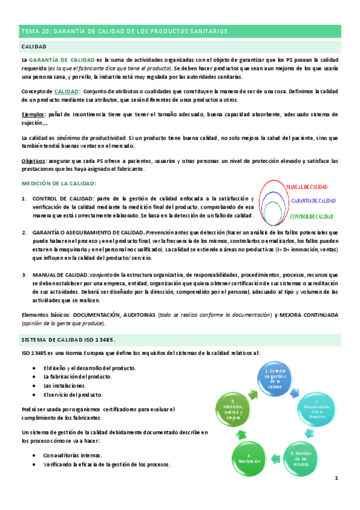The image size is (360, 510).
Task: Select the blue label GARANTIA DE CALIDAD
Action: point(313,201)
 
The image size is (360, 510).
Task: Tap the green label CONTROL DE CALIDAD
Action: point(311,215)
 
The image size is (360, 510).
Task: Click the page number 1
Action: point(337,478)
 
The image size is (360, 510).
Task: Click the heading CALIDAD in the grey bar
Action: point(34,46)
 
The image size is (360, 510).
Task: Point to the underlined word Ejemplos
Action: point(32,114)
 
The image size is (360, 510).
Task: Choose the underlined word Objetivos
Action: point(33,161)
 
